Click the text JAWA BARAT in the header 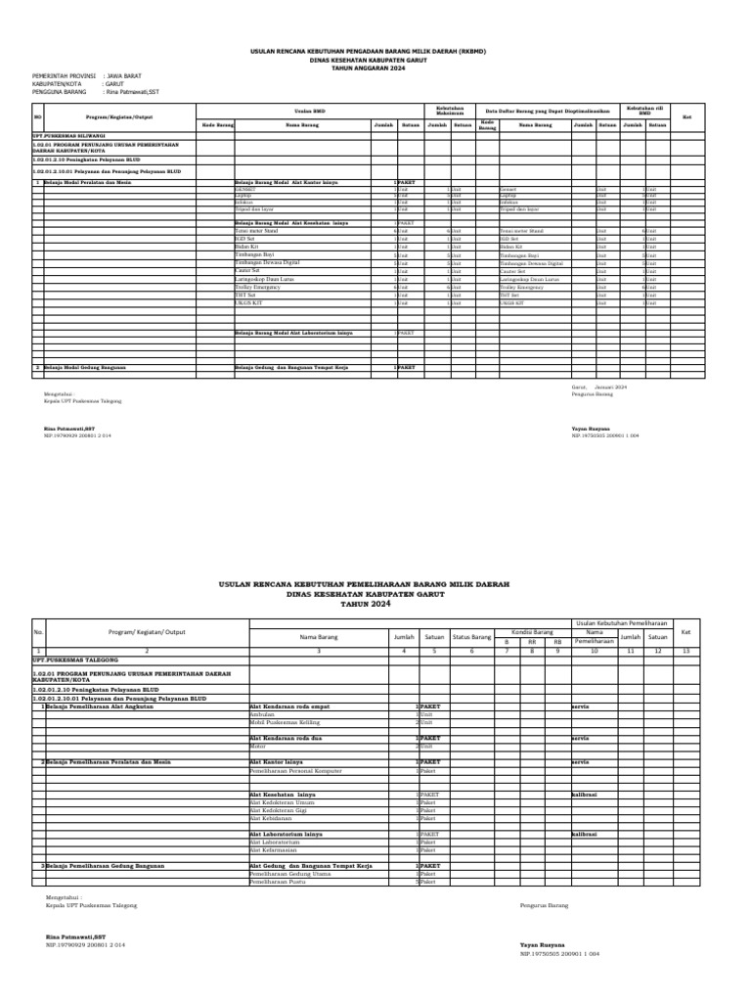[124, 73]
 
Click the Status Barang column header [472, 637]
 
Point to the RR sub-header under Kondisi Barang [533, 642]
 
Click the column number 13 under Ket [685, 651]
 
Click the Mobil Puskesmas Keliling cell [287, 722]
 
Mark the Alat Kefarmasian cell [275, 849]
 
